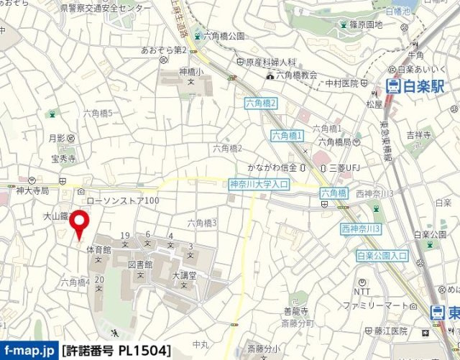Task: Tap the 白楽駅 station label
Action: [411, 87]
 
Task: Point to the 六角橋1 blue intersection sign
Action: [287, 135]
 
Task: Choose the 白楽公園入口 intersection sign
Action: [382, 255]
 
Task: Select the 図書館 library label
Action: [142, 264]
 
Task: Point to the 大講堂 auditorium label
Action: [184, 275]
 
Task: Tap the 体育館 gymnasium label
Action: [98, 249]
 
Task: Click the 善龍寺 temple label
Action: [295, 310]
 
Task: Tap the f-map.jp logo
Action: [29, 351]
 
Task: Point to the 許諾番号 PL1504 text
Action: [116, 351]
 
